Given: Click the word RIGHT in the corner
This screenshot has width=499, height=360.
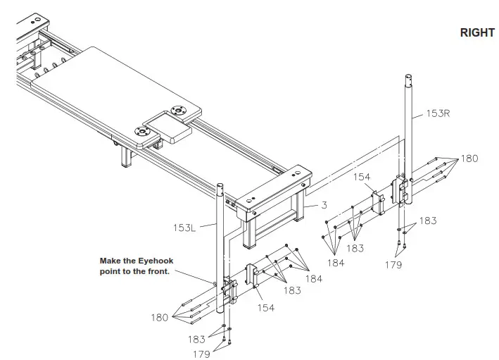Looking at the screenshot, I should click(x=477, y=33).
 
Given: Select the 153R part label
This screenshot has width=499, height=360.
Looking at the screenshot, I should click(x=437, y=113).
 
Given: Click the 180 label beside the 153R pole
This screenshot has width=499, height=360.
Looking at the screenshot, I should click(x=469, y=159).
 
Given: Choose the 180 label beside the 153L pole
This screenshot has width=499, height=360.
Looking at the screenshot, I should click(x=160, y=317).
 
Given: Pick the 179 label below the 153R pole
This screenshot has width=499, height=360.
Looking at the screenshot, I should click(x=393, y=265).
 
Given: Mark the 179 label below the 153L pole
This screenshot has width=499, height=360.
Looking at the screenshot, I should click(x=201, y=354).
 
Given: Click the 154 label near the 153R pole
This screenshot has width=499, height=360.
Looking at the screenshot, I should click(x=362, y=178).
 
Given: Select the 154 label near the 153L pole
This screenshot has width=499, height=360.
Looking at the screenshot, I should click(x=265, y=308).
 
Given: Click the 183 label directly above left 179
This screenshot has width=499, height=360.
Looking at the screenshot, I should click(x=197, y=340).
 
